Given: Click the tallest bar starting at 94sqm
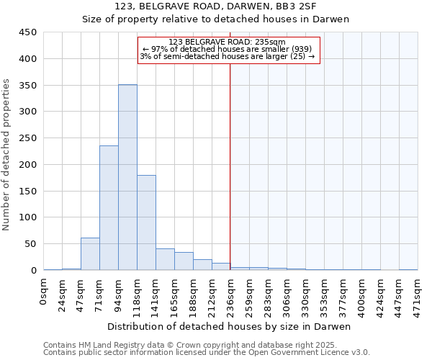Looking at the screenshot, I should pos(127,177).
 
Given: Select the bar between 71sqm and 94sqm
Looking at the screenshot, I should pos(109,207).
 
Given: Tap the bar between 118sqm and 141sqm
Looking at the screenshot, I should pos(146,222).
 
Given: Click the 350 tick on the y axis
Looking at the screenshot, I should pos(27,85).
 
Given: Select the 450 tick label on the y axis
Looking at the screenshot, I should pos(27,32).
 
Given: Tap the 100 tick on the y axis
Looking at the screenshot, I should pos(27,217).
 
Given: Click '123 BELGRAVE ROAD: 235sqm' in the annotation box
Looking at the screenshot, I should pos(227,42).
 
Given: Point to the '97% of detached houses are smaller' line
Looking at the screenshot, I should pos(227,49).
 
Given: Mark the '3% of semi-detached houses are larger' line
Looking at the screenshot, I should pos(227,56).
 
